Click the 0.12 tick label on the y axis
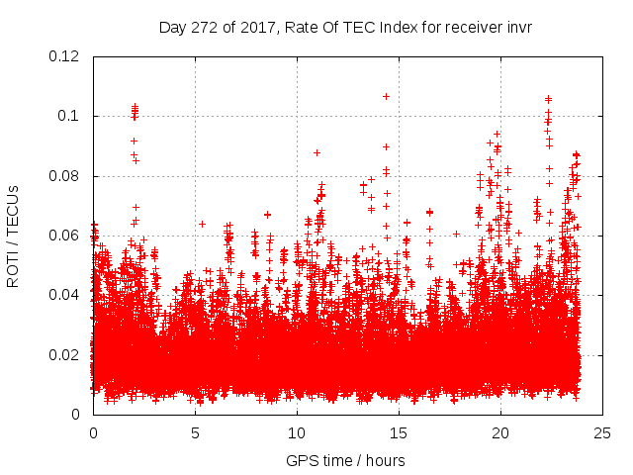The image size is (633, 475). (x=64, y=56)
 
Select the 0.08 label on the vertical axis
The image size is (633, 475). (x=64, y=176)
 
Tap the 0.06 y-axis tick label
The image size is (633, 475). (x=64, y=236)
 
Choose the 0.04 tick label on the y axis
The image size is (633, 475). (x=64, y=295)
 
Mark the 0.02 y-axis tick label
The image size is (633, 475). (x=64, y=354)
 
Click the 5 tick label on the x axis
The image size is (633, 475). (x=195, y=433)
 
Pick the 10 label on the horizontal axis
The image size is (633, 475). (x=297, y=433)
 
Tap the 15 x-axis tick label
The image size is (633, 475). (x=399, y=433)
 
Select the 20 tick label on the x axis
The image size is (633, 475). (x=500, y=433)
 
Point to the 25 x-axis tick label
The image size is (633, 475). (x=602, y=433)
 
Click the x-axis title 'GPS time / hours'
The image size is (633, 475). (x=345, y=460)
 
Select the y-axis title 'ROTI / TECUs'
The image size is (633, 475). (x=14, y=236)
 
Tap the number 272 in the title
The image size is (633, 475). (x=206, y=27)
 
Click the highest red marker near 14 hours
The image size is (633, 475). (x=386, y=96)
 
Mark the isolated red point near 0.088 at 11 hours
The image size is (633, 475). (x=316, y=152)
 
